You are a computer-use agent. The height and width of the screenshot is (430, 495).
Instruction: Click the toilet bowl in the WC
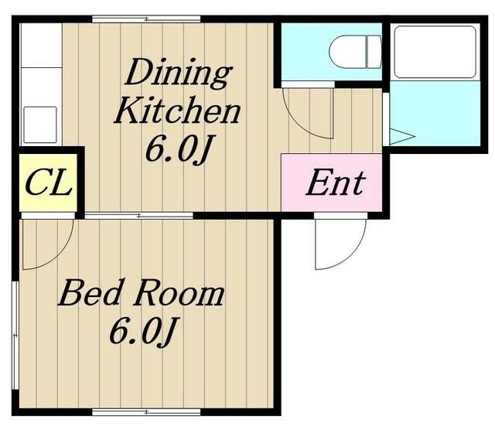(x=348, y=52)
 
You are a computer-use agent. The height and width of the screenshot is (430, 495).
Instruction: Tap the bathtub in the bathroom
(x=435, y=52)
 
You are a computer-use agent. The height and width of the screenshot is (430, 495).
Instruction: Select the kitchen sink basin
(x=40, y=125)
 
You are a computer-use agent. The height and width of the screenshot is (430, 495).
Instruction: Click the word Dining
(x=179, y=73)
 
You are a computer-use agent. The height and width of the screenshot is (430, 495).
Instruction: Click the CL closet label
(x=48, y=183)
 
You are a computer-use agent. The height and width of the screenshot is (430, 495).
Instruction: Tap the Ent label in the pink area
(x=336, y=183)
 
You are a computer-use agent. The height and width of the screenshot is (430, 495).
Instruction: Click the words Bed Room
(x=141, y=292)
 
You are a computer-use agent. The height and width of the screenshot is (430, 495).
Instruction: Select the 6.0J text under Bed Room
(x=142, y=330)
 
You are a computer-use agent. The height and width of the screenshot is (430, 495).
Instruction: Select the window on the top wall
(x=146, y=19)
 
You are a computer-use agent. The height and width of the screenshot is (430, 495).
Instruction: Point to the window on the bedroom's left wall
(x=15, y=335)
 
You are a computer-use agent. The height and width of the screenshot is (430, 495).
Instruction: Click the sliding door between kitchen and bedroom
(x=139, y=216)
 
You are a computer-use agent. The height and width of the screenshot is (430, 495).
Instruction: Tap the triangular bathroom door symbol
(x=402, y=136)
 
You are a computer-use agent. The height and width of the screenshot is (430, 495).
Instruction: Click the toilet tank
(x=374, y=52)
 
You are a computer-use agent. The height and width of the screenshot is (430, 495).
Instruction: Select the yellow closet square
(x=48, y=183)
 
